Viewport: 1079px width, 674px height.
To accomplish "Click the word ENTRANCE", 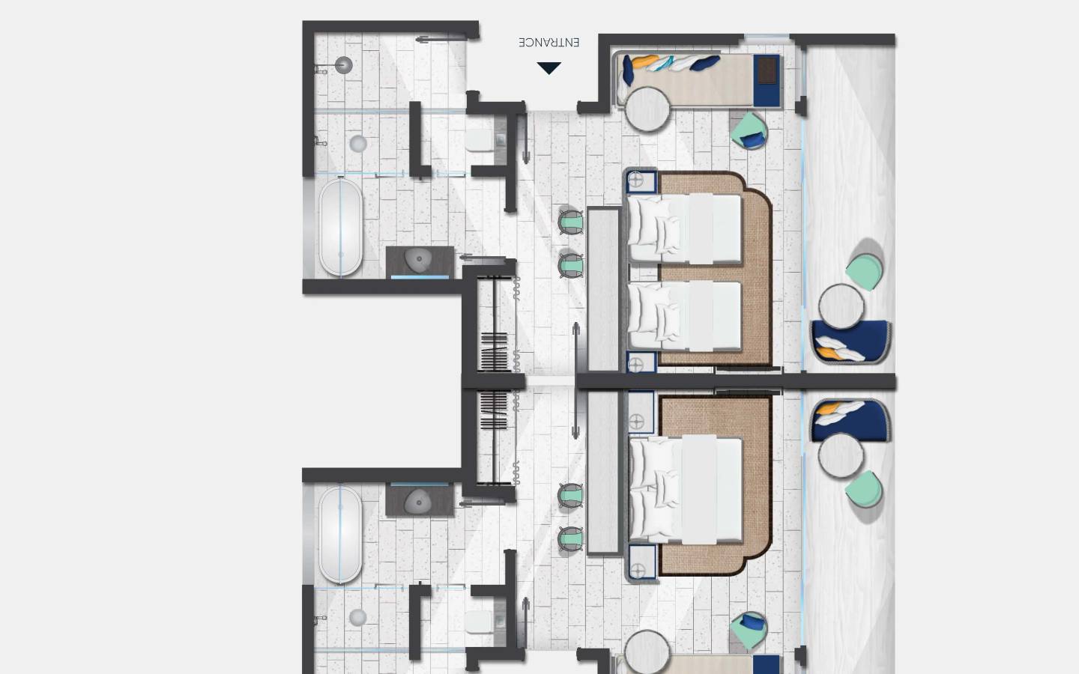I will pyautogui.click(x=548, y=43).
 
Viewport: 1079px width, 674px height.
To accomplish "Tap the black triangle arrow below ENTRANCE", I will pyautogui.click(x=548, y=68).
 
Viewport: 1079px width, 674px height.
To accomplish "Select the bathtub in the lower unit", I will pyautogui.click(x=340, y=534).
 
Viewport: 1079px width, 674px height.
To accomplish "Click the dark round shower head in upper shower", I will pyautogui.click(x=343, y=65).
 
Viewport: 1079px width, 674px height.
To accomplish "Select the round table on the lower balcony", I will pyautogui.click(x=841, y=456).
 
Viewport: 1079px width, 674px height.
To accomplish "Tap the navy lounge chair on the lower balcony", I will pyautogui.click(x=851, y=420).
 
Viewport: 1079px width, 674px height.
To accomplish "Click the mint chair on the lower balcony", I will pyautogui.click(x=864, y=491).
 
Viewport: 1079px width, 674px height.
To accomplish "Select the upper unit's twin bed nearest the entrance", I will pyautogui.click(x=683, y=228).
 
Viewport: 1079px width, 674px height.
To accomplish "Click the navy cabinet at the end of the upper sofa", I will pyautogui.click(x=767, y=79).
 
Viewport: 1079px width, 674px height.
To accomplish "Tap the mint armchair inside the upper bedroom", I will pyautogui.click(x=749, y=130).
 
